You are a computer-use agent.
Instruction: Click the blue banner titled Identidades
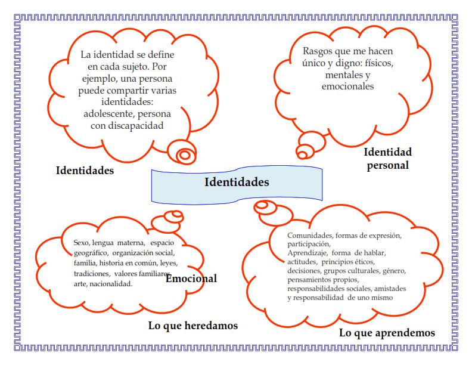[x=237, y=184]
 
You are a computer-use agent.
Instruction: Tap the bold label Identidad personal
[x=388, y=159]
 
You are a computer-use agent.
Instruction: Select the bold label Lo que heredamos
[x=193, y=326]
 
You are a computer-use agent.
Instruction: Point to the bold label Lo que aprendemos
[x=387, y=333]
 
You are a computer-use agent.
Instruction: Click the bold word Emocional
[x=191, y=279]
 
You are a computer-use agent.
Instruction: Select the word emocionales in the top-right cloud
[x=347, y=86]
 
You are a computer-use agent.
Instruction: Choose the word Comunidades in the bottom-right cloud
[x=310, y=236]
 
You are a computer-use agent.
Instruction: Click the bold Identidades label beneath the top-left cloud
[x=85, y=171]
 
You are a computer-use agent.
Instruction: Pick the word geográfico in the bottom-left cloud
[x=91, y=253]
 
